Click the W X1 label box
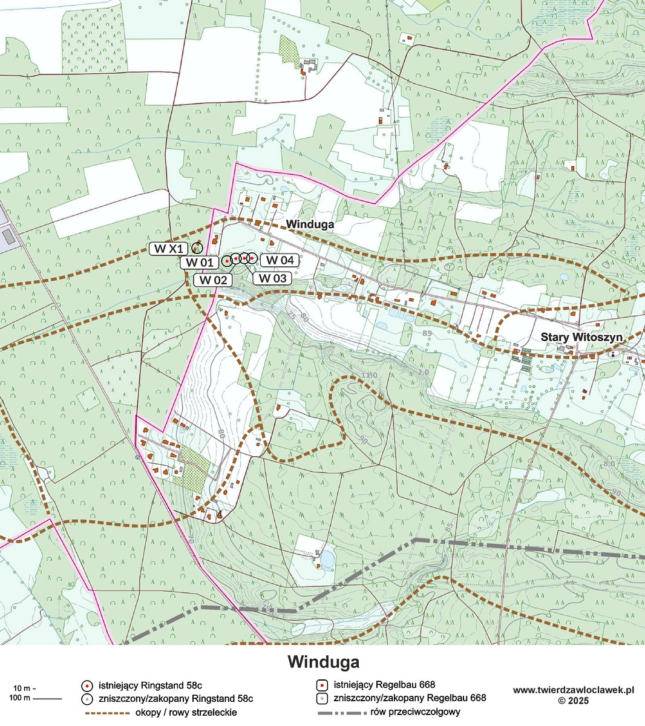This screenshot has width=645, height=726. (x=168, y=249)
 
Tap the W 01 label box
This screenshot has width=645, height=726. (x=199, y=263)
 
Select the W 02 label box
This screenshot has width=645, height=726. (x=213, y=280)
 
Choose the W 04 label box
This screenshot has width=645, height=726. (x=280, y=260)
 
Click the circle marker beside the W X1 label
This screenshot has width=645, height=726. (x=197, y=247)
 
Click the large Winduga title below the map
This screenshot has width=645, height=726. (x=323, y=661)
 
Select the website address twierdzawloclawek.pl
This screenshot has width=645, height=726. (x=573, y=690)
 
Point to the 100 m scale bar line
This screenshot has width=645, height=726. (x=48, y=699)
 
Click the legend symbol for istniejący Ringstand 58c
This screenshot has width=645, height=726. (x=87, y=685)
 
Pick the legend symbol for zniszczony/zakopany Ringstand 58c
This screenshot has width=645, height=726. (x=87, y=698)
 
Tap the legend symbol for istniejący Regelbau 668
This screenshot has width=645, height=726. (x=322, y=685)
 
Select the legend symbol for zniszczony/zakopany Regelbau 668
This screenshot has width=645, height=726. (x=322, y=698)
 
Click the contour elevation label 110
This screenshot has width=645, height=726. (x=368, y=376)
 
